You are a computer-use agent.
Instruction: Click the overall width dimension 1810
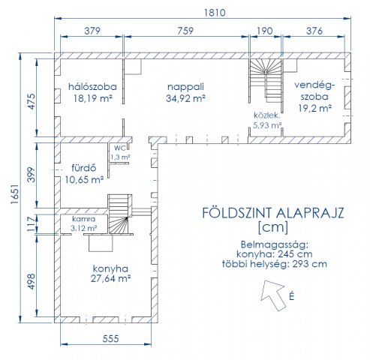click(215, 13)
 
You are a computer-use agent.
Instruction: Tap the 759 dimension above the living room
click(185, 31)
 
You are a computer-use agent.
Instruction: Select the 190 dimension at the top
click(265, 31)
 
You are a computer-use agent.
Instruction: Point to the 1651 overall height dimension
click(15, 194)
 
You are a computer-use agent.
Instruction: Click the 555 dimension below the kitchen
click(110, 339)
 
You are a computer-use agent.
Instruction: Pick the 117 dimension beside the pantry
click(32, 224)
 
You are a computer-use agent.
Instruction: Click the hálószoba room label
click(92, 87)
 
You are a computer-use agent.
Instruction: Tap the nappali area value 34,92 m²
click(185, 98)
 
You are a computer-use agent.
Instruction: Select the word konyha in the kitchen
click(110, 268)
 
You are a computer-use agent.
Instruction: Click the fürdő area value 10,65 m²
click(84, 179)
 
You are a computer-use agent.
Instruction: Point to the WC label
click(120, 148)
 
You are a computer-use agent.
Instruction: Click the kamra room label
click(84, 219)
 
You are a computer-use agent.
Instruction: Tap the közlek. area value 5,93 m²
click(267, 125)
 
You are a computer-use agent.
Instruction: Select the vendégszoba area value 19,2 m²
click(315, 108)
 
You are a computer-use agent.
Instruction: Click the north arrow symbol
click(273, 295)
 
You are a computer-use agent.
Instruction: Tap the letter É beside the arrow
click(291, 296)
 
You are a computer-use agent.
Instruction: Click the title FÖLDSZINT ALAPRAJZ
click(273, 213)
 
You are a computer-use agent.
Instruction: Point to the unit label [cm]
click(273, 227)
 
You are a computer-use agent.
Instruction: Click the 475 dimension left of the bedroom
click(32, 101)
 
